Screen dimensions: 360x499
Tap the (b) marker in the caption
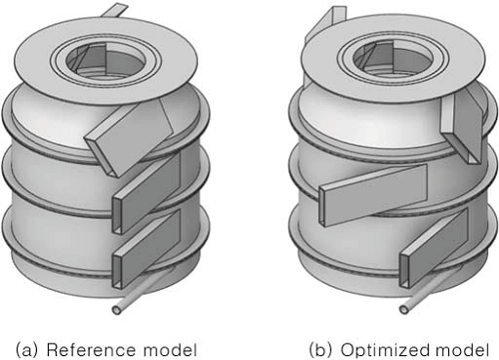[x=319, y=348]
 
